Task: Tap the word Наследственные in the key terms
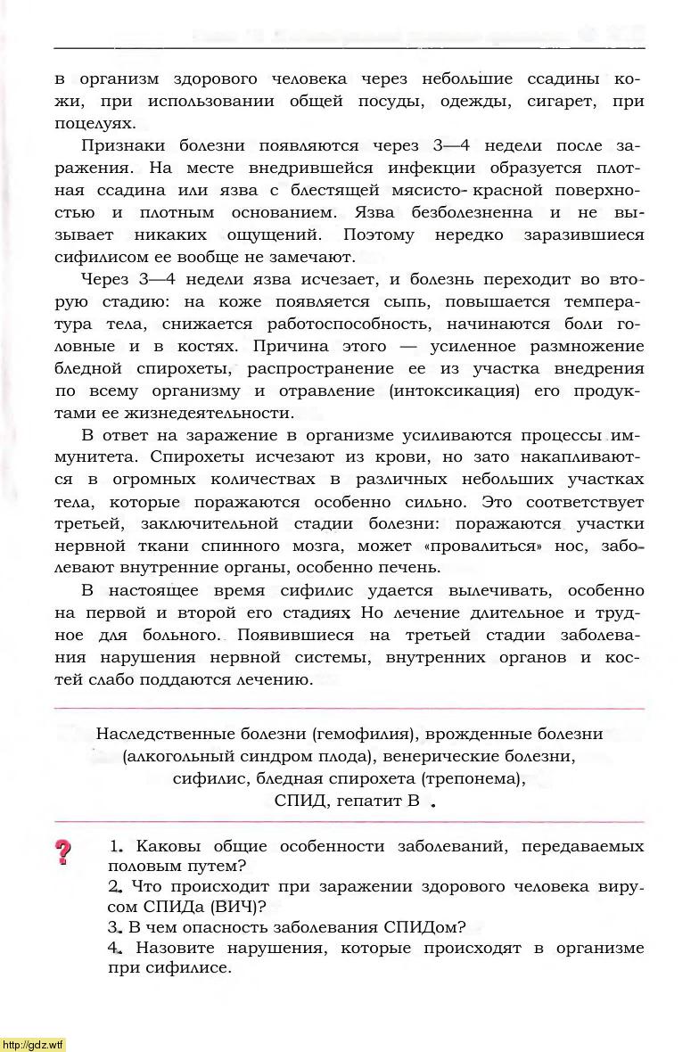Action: pyautogui.click(x=158, y=734)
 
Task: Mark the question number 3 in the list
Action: pyautogui.click(x=114, y=926)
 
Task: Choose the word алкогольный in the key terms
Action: pyautogui.click(x=180, y=756)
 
